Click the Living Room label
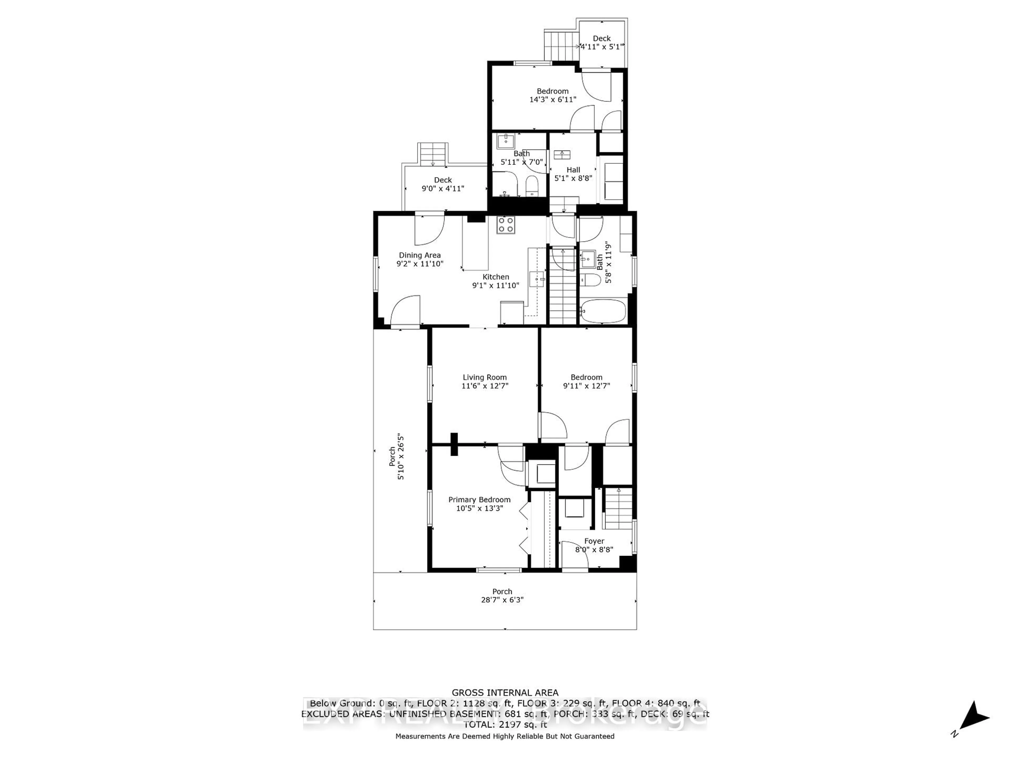[484, 377]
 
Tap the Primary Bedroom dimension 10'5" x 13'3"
[479, 508]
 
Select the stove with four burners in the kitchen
[506, 225]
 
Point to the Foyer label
[594, 541]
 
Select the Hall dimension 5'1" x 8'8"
[573, 178]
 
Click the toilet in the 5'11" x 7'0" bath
[532, 186]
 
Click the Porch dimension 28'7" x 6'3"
[502, 600]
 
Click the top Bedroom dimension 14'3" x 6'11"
[553, 99]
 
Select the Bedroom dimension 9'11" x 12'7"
[586, 386]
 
